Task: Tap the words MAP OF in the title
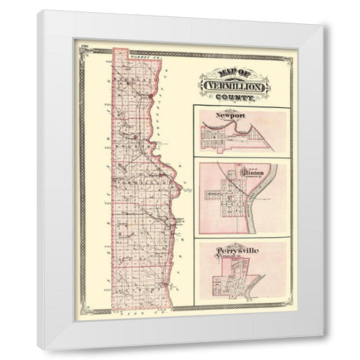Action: (x=233, y=71)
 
